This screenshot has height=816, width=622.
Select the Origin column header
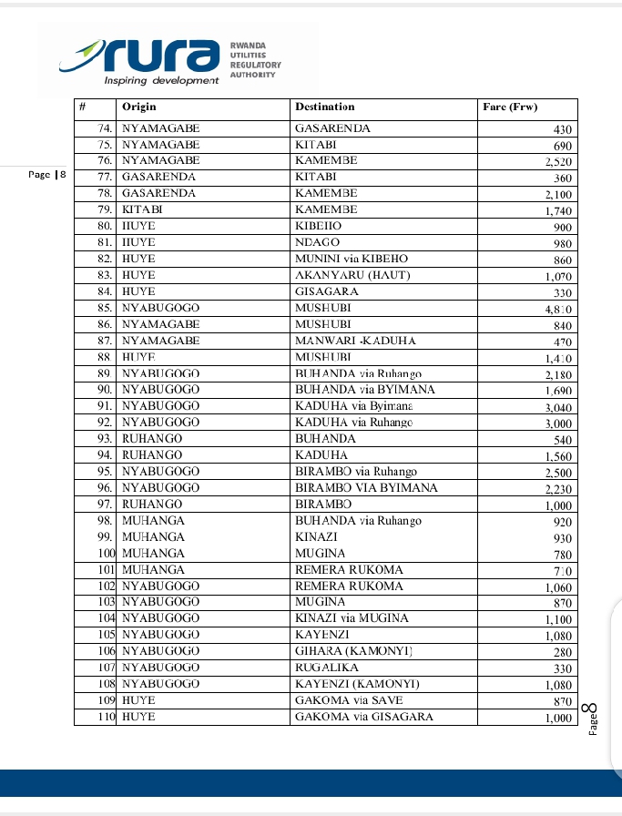pos(139,107)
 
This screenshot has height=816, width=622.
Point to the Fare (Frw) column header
pos(510,107)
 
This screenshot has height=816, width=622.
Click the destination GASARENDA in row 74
pos(332,128)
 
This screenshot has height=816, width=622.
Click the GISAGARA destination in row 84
pos(326,291)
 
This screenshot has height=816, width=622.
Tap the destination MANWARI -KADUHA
pos(355,341)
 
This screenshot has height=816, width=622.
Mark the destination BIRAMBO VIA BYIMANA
pos(366,487)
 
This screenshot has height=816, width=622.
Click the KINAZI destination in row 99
pos(316,536)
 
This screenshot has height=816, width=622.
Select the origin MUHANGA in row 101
pos(153,569)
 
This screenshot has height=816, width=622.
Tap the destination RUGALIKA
pos(324,668)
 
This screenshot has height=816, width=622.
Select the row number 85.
pos(104,308)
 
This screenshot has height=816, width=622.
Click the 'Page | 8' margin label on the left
pos(47,174)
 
